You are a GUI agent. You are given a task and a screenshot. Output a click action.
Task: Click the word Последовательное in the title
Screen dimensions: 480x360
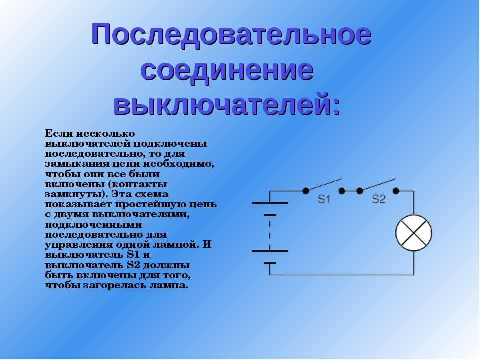click(x=231, y=35)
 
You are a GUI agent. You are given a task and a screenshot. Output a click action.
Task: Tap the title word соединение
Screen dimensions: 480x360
click(x=227, y=71)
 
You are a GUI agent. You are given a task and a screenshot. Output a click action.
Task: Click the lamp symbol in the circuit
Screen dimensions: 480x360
click(x=414, y=233)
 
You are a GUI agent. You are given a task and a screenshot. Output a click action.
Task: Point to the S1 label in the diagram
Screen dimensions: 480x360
click(x=324, y=199)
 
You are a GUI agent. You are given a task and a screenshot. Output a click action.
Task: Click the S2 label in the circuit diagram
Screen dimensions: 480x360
click(x=379, y=199)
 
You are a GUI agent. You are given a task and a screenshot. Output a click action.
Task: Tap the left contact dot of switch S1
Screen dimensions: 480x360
click(x=306, y=191)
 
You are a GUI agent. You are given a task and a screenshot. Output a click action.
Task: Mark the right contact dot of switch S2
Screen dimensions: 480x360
click(x=396, y=191)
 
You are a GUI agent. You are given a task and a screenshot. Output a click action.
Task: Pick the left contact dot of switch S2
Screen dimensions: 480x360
click(x=360, y=191)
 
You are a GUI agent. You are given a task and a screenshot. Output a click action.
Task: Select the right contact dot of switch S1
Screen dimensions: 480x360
click(x=342, y=191)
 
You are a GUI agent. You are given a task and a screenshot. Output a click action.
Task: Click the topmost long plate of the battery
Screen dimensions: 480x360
click(x=269, y=203)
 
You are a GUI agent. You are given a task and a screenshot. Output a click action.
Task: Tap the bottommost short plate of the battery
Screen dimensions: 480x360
click(x=269, y=263)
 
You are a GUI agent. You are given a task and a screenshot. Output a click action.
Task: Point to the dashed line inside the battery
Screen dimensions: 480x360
click(x=269, y=233)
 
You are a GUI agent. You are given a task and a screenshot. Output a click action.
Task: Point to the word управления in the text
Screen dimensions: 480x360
click(x=79, y=245)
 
